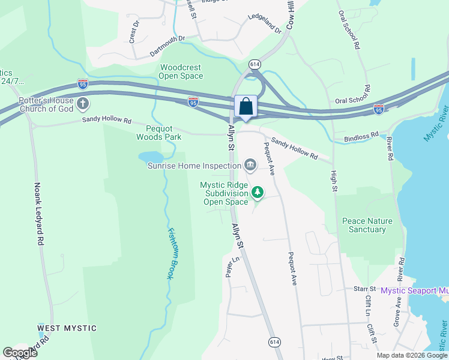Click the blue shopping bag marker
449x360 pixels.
pos(246,107)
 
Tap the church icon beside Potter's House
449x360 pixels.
pos(83,104)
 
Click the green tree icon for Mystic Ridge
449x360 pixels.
pos(258,192)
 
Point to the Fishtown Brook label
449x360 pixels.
pos(170,254)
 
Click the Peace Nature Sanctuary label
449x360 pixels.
pos(367,225)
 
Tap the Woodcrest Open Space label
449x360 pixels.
pos(181,71)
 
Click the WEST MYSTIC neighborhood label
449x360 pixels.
pos(67,328)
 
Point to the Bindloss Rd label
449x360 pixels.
pos(361,137)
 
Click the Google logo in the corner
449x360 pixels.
pos(20,353)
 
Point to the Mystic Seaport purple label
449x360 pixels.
pos(414,291)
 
